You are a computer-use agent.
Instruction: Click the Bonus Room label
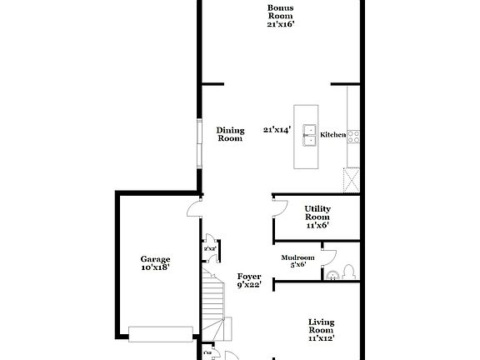(280, 12)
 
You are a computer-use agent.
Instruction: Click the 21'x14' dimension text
(277, 130)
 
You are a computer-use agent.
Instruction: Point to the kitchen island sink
(310, 135)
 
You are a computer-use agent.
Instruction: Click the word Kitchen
(333, 135)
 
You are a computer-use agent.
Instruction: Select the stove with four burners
(352, 135)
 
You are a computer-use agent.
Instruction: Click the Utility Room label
(317, 213)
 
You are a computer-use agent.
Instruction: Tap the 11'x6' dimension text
(317, 225)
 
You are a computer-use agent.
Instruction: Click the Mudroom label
(297, 257)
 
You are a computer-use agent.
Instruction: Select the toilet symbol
(350, 271)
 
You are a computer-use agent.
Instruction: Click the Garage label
(155, 259)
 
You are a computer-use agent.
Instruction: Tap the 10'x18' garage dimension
(155, 268)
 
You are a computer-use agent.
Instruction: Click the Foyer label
(249, 277)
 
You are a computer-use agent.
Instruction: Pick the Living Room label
(321, 327)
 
